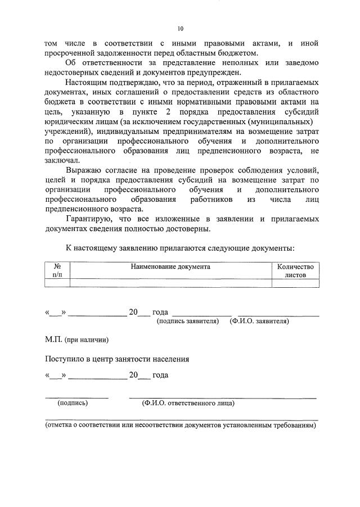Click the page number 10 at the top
pos(180,29)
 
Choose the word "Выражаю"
pos(84,170)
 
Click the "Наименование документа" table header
pos(170,267)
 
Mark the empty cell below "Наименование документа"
pos(170,283)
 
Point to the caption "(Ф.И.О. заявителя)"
pos(259,322)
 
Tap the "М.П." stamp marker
pos(55,341)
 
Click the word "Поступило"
pos(66,359)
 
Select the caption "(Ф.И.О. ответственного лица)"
pos(188,403)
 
